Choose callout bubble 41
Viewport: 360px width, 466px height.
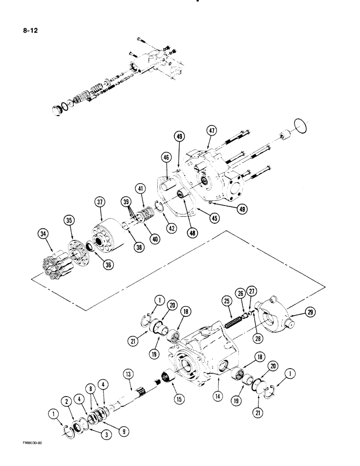[x=152, y=188]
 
